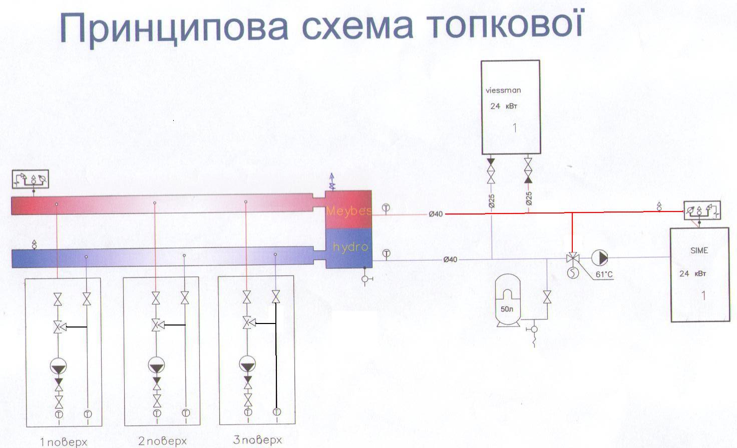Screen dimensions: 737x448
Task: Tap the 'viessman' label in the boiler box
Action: (x=503, y=90)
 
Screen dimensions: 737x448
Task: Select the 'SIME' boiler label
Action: (x=699, y=250)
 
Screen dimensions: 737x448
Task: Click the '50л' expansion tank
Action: (x=507, y=300)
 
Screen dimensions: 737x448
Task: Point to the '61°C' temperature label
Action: (x=604, y=274)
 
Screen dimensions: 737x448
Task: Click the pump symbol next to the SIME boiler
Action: (x=599, y=258)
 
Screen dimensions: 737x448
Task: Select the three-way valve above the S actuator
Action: (x=572, y=258)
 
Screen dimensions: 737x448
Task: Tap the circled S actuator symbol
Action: (x=573, y=273)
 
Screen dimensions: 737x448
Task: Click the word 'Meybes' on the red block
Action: (x=349, y=210)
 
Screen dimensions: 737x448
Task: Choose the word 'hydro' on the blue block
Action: (x=350, y=247)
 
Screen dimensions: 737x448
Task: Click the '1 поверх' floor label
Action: (x=64, y=442)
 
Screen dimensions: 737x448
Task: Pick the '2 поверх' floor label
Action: (x=162, y=441)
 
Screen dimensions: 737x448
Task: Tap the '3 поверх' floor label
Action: (x=257, y=440)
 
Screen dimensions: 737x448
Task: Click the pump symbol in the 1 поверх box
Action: (x=58, y=366)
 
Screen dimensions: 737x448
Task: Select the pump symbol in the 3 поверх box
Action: (x=247, y=364)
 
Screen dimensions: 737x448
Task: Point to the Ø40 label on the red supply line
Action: (x=436, y=214)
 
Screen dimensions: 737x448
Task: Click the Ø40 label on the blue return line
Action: (x=450, y=259)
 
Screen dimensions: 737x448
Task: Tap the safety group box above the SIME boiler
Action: (x=702, y=210)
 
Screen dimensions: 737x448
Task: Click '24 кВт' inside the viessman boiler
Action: (x=503, y=106)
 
